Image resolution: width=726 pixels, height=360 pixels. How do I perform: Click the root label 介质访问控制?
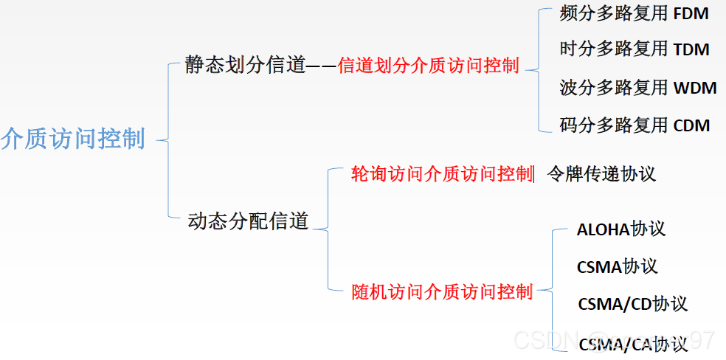click(73, 139)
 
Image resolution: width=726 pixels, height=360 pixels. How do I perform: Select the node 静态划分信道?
click(246, 66)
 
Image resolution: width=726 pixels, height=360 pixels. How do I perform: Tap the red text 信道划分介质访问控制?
click(428, 66)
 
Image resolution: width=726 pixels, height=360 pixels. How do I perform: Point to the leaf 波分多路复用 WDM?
click(638, 88)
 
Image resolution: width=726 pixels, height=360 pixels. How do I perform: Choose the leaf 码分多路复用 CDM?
click(635, 125)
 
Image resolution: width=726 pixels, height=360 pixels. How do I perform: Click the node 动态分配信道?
click(248, 221)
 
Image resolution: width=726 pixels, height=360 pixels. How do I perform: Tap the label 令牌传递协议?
click(601, 174)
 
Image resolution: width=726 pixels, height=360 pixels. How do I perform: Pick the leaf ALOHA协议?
click(621, 229)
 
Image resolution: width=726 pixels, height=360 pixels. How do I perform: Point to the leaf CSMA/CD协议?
click(632, 304)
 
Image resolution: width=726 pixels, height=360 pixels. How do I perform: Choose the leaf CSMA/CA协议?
click(633, 344)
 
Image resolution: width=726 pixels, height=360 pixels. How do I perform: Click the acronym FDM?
click(691, 14)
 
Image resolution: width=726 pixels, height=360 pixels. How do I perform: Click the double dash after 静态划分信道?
click(321, 66)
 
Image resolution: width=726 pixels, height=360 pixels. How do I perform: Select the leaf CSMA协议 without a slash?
click(617, 266)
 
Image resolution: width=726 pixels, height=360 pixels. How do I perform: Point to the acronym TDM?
click(691, 49)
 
